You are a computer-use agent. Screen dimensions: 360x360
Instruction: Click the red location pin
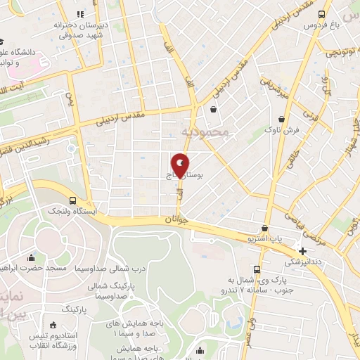(181, 165)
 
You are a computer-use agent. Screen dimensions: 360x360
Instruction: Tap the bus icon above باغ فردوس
(321, 14)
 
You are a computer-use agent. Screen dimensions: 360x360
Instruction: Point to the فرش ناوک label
(274, 130)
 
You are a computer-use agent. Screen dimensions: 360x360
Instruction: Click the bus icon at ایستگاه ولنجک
(73, 200)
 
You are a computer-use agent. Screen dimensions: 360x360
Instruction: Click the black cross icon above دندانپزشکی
(302, 251)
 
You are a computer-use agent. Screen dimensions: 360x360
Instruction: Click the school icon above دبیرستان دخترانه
(81, 14)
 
